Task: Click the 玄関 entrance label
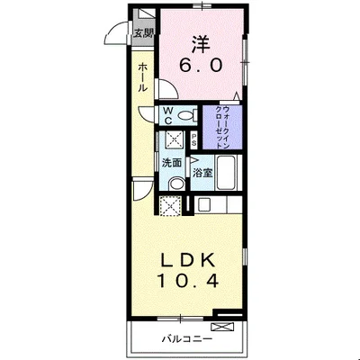(144, 33)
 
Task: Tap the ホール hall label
(143, 77)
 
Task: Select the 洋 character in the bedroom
(200, 45)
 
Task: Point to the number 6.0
(201, 65)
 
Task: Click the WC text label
(167, 116)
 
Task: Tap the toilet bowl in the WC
(185, 115)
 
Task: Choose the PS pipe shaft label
(194, 139)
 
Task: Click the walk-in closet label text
(222, 127)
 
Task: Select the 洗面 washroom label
(172, 163)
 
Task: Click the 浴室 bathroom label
(202, 173)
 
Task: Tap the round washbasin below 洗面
(176, 184)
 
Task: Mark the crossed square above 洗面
(173, 139)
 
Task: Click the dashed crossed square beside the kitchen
(170, 205)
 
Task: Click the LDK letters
(188, 261)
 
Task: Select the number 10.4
(188, 281)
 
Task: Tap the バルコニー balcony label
(187, 339)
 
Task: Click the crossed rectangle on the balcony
(222, 327)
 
